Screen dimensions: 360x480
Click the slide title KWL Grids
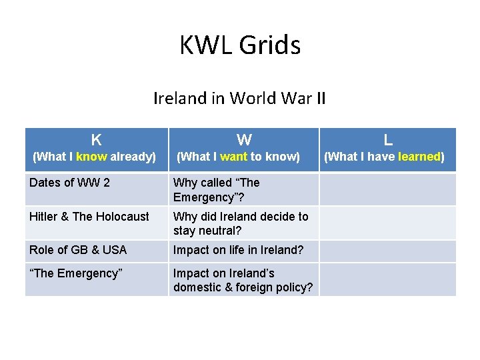(x=240, y=45)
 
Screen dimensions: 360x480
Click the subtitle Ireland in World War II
(x=240, y=99)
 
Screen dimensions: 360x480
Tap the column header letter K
(x=97, y=140)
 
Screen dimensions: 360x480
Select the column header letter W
(x=244, y=140)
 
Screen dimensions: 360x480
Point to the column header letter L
(x=388, y=140)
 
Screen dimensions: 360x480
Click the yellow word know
(x=91, y=157)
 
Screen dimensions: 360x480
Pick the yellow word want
(x=233, y=157)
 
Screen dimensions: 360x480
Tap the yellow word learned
(x=419, y=157)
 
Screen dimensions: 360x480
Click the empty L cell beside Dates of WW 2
(x=388, y=189)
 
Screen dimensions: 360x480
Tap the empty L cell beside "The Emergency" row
(x=388, y=279)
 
